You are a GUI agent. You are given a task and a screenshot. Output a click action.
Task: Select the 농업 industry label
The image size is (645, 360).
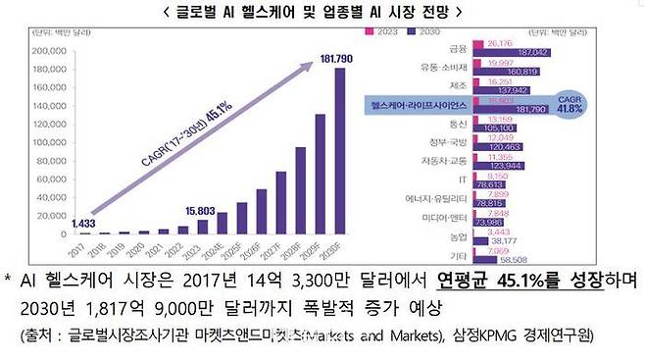click(x=458, y=234)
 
